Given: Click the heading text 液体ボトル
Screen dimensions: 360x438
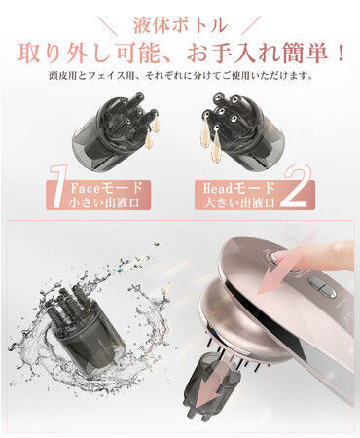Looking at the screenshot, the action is click(180, 25).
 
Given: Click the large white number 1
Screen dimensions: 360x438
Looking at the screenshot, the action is click(58, 187).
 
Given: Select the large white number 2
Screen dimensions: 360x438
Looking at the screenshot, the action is click(295, 186).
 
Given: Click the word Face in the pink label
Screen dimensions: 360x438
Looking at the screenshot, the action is click(86, 188).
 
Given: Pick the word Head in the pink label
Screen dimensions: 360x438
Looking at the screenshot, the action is click(219, 188).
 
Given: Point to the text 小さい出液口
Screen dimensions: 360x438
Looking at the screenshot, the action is click(104, 202).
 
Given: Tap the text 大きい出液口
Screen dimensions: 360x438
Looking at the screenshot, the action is click(239, 203).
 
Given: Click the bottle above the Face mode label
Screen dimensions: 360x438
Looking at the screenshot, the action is click(115, 133).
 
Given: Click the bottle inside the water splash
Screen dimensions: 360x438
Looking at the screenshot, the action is click(86, 329).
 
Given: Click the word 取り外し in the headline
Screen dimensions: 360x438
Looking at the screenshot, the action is click(67, 53).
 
